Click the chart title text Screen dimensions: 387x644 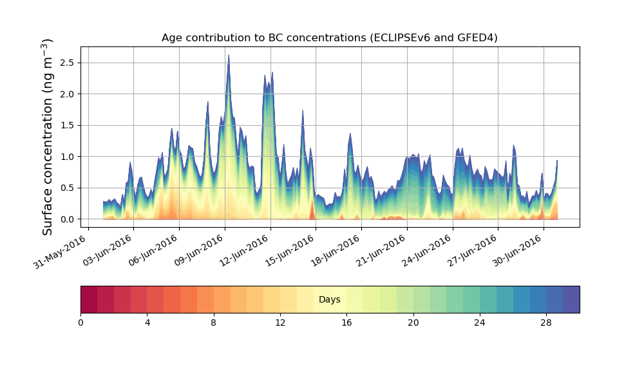click(329, 38)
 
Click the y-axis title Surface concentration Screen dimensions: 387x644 click(48, 136)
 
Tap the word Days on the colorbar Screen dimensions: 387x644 click(329, 300)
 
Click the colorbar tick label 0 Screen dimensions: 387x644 click(80, 322)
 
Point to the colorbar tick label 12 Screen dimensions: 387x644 click(280, 322)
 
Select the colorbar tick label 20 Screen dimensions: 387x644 click(413, 322)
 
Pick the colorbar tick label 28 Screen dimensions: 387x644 click(546, 322)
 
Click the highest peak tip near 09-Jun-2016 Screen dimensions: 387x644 click(228, 56)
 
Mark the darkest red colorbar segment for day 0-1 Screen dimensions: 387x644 click(89, 299)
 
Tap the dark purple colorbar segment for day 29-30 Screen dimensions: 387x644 click(571, 299)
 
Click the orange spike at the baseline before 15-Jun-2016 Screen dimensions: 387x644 click(312, 210)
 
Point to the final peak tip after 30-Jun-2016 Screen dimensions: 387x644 click(557, 161)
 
